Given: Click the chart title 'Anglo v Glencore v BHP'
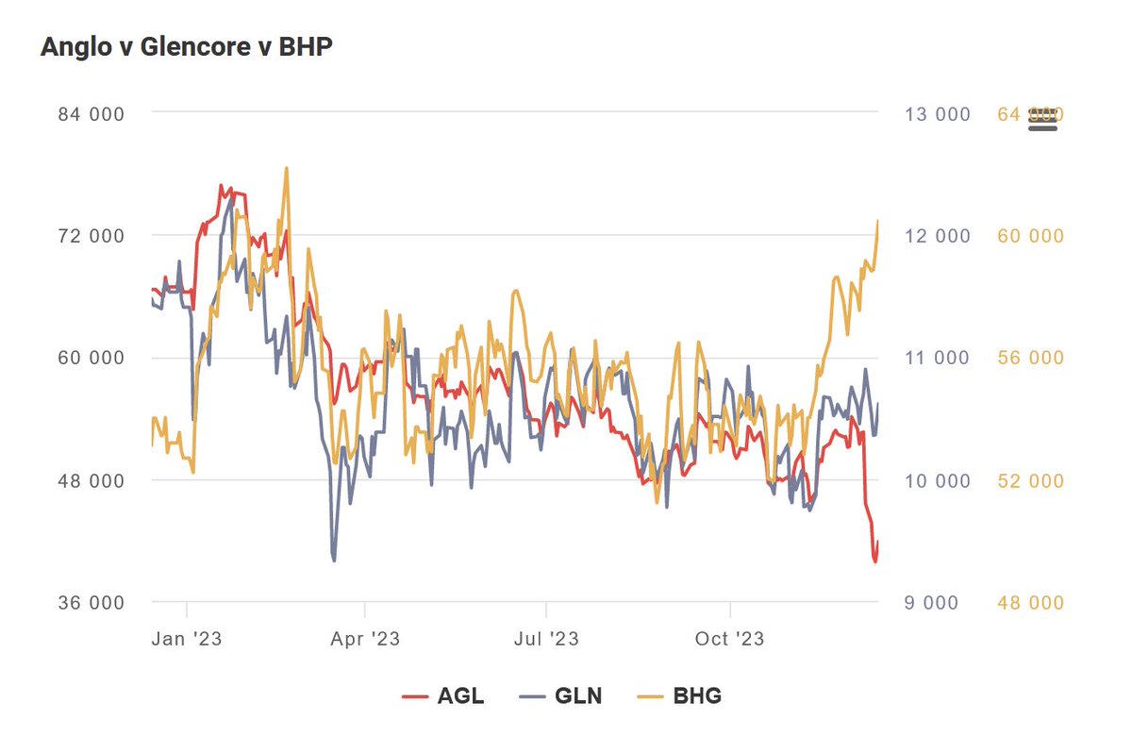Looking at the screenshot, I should click(x=186, y=46).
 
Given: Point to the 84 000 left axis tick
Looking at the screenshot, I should click(x=92, y=113).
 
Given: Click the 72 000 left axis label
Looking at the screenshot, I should click(x=92, y=236).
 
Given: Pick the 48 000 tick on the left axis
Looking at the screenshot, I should click(x=92, y=480).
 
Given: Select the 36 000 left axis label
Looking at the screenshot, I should click(x=92, y=603).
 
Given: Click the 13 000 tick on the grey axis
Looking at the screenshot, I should click(x=937, y=114).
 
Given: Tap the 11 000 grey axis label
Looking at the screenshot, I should click(x=937, y=358).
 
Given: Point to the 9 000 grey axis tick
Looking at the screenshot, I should click(x=937, y=603).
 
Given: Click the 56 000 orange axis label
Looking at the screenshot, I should click(x=1030, y=358).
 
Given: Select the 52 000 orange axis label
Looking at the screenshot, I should click(x=1030, y=480).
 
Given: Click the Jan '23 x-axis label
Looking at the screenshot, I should click(x=187, y=639).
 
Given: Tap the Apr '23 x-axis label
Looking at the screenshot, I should click(x=365, y=639).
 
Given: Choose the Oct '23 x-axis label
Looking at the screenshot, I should click(x=730, y=639).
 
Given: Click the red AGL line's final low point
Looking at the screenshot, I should click(x=875, y=561).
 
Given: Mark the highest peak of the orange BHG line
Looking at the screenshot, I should click(x=286, y=168).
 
